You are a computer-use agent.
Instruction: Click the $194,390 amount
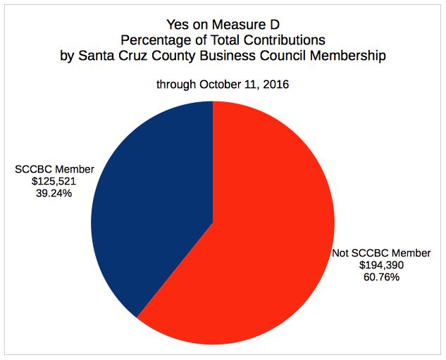(x=382, y=265)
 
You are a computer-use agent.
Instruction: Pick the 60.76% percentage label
(x=382, y=277)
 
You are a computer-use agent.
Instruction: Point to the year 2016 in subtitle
(x=274, y=85)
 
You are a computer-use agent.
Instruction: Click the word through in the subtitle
(x=176, y=85)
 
